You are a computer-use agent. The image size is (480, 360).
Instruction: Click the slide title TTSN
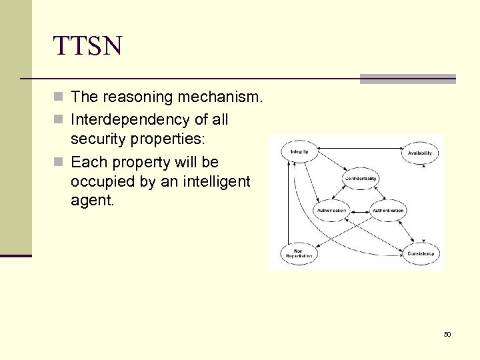88,46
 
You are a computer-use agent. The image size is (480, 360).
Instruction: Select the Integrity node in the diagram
299,152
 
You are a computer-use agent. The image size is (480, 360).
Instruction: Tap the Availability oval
420,153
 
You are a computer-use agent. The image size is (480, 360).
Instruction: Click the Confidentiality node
360,179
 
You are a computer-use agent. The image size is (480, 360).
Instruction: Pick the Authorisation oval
331,211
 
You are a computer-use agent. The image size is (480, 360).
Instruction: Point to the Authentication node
388,211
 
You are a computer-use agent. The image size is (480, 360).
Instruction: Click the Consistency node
420,253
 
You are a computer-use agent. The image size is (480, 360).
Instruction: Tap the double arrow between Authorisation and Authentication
360,211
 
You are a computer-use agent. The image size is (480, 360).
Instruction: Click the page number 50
447,334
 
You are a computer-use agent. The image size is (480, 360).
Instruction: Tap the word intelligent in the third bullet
211,181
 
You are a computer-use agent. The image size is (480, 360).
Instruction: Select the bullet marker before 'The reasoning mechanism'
59,97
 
